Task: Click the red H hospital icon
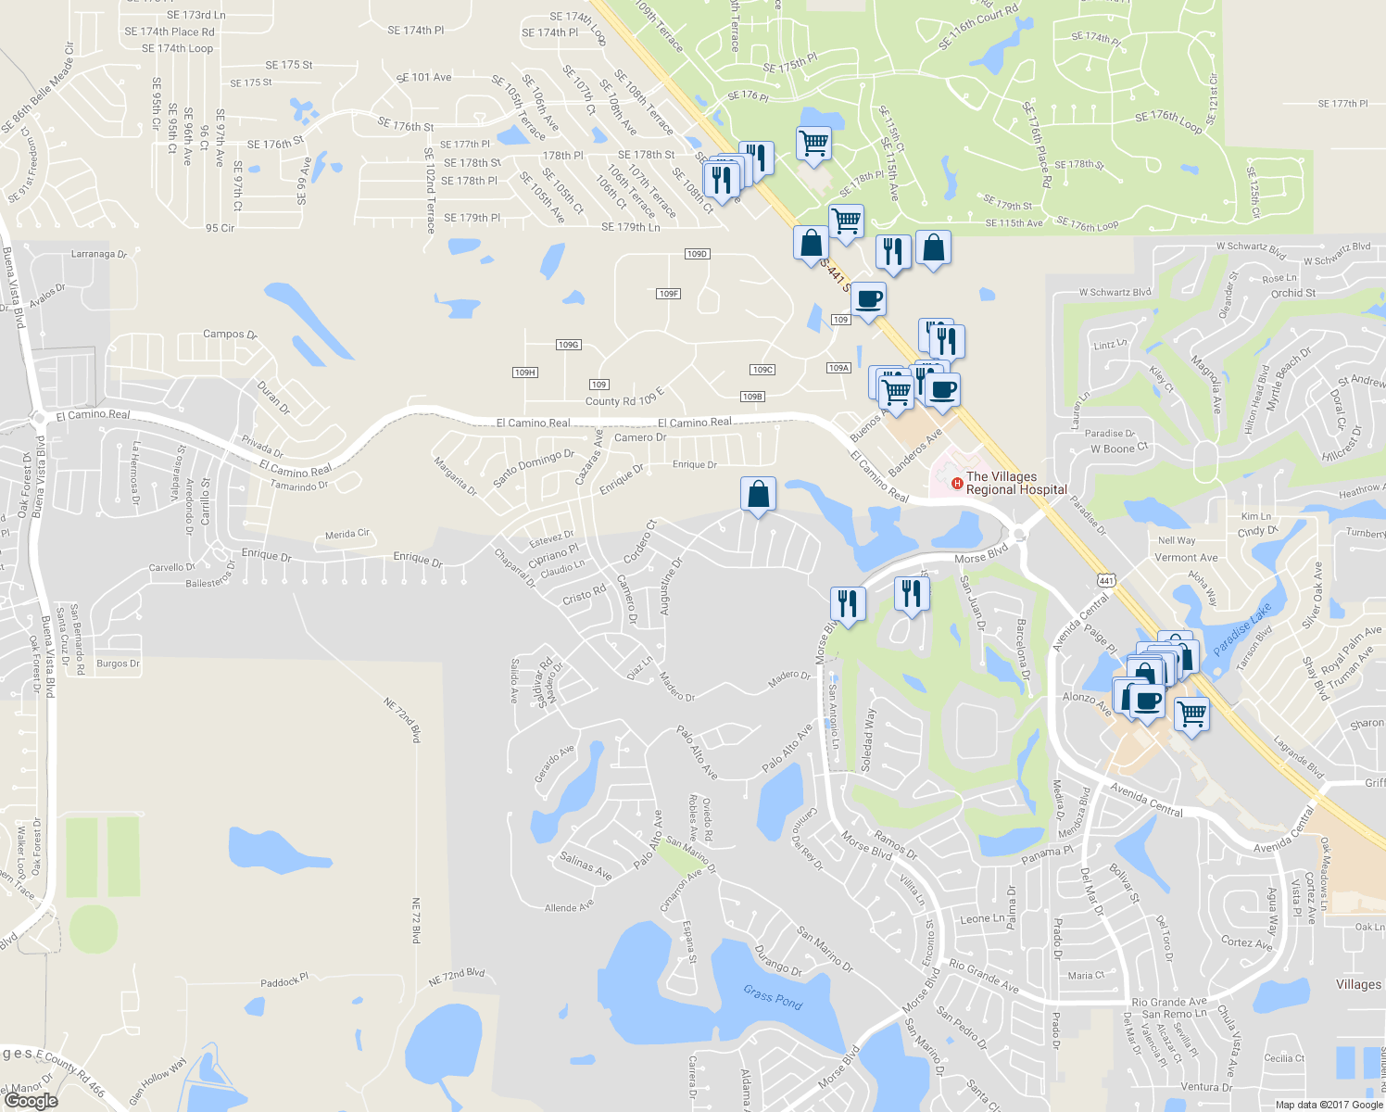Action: (x=957, y=483)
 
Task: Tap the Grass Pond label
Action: (x=773, y=997)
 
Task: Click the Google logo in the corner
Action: (x=31, y=1100)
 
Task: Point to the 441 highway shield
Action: (x=1106, y=581)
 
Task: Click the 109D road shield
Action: (x=697, y=254)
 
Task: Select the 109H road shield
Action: (x=524, y=373)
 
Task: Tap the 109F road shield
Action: (x=668, y=294)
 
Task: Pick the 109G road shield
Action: (x=568, y=345)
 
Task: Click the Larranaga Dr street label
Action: (x=99, y=254)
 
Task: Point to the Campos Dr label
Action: (x=230, y=335)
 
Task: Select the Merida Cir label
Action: (x=347, y=535)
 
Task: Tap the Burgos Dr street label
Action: (x=119, y=663)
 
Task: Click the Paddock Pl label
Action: (x=284, y=980)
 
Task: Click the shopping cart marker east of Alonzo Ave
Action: (x=1191, y=714)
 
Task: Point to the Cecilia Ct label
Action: (x=1284, y=1058)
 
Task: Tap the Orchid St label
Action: (x=1293, y=293)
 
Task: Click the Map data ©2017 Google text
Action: (x=1329, y=1105)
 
